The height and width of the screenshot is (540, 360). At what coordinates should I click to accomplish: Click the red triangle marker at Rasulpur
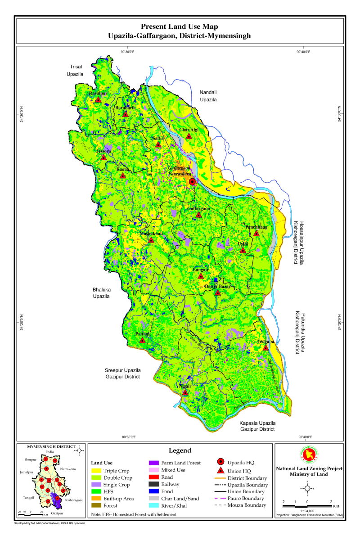[98, 99]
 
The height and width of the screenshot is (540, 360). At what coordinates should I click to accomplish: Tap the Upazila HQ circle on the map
[193, 182]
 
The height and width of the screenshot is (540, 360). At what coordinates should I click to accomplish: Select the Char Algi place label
[189, 130]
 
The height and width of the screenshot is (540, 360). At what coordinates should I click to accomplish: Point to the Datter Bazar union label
[218, 286]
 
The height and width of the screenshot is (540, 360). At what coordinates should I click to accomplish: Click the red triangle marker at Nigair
[185, 392]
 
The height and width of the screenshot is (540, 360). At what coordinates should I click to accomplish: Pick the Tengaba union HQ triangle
[266, 347]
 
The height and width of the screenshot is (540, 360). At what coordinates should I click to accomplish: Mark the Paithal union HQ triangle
[142, 340]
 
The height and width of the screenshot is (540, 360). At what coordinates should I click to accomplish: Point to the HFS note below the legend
[134, 514]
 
